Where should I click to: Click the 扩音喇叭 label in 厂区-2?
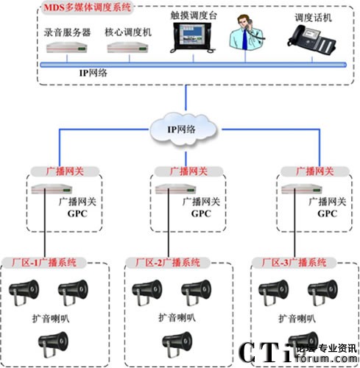tap(177, 318)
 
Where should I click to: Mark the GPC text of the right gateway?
tap(325, 213)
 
